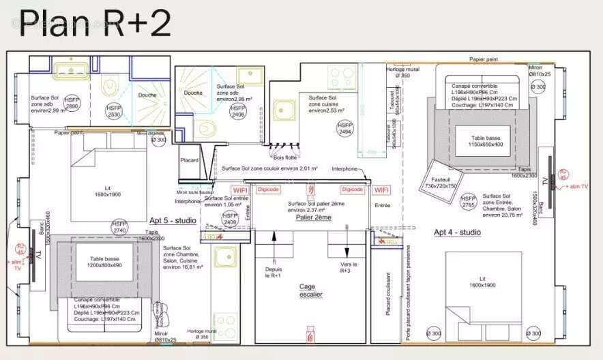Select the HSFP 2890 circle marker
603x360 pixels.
coord(72,103)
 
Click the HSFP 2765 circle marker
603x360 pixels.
coord(468,202)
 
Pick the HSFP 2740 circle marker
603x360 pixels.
coord(119,227)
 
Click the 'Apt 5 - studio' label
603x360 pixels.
coord(173,221)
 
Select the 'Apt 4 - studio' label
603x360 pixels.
coord(457,232)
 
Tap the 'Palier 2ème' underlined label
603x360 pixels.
coord(313,217)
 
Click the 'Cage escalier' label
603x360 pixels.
coord(310,290)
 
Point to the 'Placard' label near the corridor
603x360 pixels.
coord(189,160)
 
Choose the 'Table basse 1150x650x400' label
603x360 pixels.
coord(476,140)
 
